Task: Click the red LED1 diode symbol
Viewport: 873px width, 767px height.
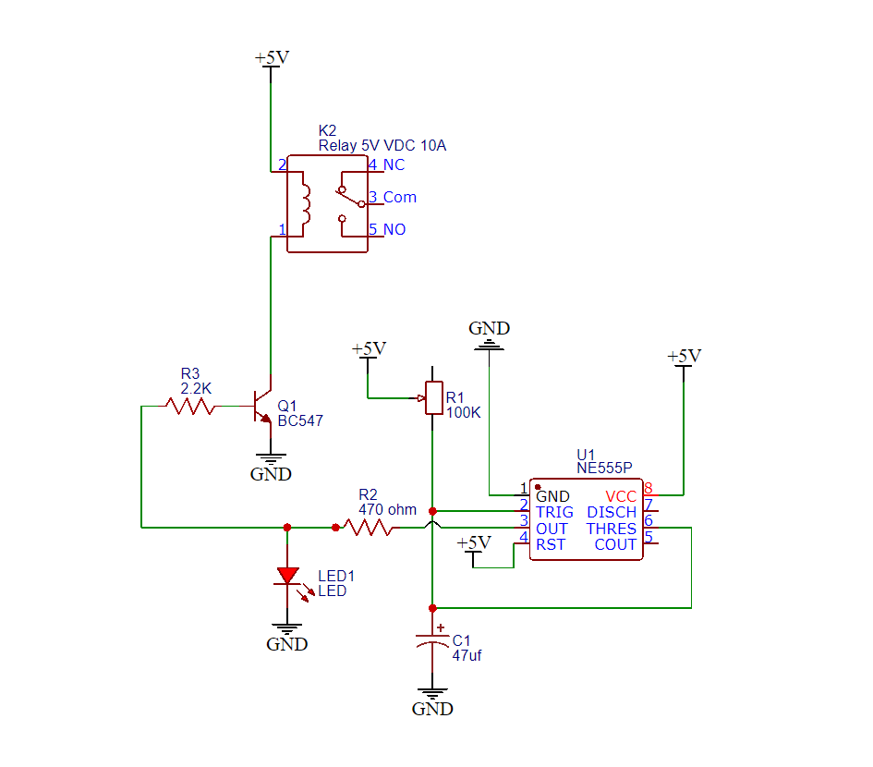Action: coord(287,576)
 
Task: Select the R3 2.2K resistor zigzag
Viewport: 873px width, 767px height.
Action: coord(189,405)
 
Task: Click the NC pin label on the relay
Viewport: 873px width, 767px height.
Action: coord(394,165)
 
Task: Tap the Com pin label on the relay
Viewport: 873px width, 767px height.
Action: coord(399,197)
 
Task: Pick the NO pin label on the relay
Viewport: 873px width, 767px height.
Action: coord(394,229)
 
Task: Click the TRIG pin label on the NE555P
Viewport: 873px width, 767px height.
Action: coord(554,512)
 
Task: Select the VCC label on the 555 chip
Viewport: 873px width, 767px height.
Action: coord(621,496)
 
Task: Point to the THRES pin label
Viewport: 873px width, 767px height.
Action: coord(611,529)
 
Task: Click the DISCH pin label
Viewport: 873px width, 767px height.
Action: coord(612,512)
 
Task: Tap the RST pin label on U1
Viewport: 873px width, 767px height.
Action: coord(551,545)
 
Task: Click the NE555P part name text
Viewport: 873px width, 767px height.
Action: coord(604,469)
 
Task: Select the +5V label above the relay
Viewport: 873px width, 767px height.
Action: coord(272,58)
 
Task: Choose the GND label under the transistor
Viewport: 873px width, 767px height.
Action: coord(271,474)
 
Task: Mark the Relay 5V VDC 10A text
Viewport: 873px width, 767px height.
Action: coord(382,146)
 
